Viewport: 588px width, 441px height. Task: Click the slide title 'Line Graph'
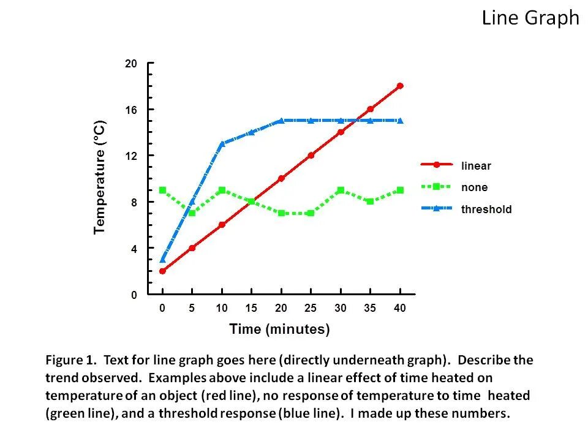click(x=530, y=18)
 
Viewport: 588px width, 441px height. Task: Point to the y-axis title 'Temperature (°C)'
click(x=100, y=178)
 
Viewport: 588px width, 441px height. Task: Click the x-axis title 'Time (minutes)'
click(x=279, y=330)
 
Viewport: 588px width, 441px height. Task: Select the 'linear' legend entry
click(x=476, y=165)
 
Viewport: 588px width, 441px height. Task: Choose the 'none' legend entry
click(x=474, y=187)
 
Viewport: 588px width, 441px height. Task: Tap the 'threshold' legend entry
click(x=486, y=209)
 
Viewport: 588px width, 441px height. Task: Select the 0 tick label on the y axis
click(x=134, y=295)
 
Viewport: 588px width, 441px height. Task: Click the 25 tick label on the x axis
click(x=311, y=309)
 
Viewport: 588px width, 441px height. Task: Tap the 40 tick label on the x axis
click(x=399, y=309)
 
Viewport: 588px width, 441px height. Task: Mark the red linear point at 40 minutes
click(x=400, y=86)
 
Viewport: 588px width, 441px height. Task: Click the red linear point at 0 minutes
click(x=162, y=271)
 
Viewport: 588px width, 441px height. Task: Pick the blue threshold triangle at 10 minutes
click(x=222, y=143)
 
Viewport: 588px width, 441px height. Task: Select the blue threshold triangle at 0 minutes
click(x=162, y=259)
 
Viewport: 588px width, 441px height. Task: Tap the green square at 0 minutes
click(x=162, y=190)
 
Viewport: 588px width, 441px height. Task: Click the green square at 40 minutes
click(x=400, y=190)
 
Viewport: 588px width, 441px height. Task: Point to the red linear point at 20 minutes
click(x=281, y=178)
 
